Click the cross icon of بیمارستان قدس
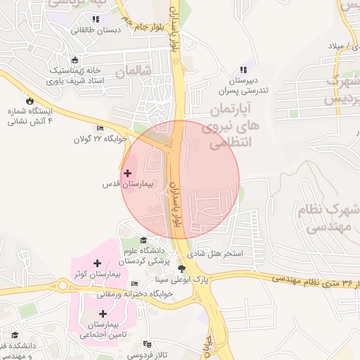point(127,173)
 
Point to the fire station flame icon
point(29,101)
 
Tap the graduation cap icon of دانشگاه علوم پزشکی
point(144,240)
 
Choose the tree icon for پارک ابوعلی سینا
point(182,269)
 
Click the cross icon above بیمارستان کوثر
point(98,263)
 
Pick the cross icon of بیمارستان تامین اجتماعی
point(103,314)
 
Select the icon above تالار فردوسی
point(147,344)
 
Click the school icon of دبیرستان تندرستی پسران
point(243,70)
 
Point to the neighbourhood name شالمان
point(134,72)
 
